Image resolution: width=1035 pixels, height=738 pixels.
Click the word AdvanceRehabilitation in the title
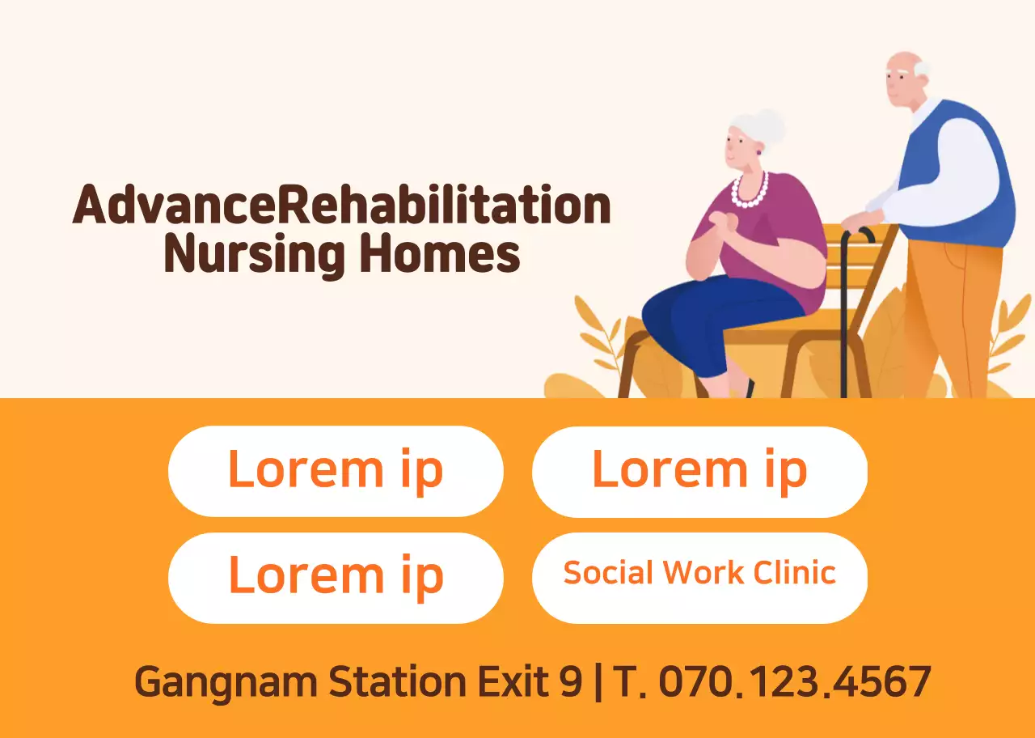[341, 206]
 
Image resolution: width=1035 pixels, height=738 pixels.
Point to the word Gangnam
[226, 682]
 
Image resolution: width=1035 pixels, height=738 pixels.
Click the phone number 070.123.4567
[794, 681]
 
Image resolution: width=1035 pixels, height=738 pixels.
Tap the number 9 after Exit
[570, 681]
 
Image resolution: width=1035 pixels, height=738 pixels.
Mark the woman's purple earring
[759, 151]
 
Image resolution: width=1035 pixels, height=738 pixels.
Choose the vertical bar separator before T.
[598, 682]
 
